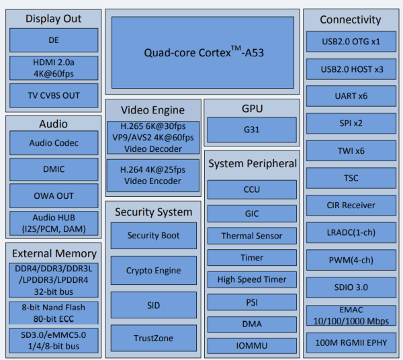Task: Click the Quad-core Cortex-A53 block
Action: pyautogui.click(x=202, y=52)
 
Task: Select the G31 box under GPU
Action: pyautogui.click(x=252, y=128)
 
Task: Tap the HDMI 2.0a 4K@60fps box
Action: pyautogui.click(x=54, y=68)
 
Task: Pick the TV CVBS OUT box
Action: pyautogui.click(x=54, y=95)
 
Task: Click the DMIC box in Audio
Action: pyautogui.click(x=54, y=169)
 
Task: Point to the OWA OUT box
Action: pyautogui.click(x=54, y=195)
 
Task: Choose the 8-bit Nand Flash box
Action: pyautogui.click(x=54, y=312)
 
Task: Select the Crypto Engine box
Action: pyautogui.click(x=153, y=271)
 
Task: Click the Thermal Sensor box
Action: pyautogui.click(x=252, y=236)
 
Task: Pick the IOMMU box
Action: pyautogui.click(x=252, y=345)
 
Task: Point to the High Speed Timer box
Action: pyautogui.click(x=252, y=279)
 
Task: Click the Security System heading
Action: pyautogui.click(x=153, y=212)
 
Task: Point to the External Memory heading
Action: pyautogui.click(x=54, y=253)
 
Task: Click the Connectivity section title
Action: pyautogui.click(x=350, y=19)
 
